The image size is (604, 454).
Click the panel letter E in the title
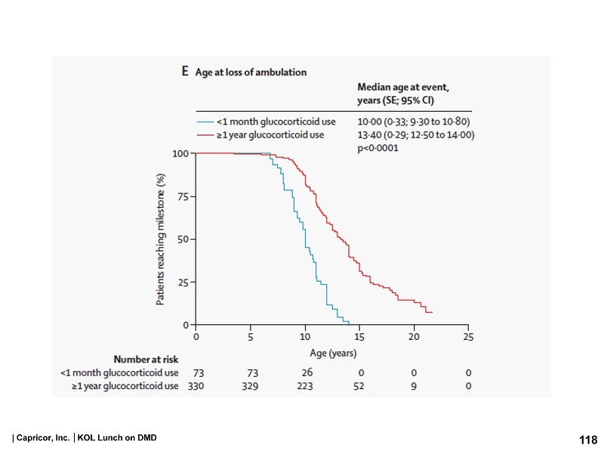pos(185,73)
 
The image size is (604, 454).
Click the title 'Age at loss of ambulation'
pos(251,73)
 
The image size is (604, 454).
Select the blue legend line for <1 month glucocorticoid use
pos(205,122)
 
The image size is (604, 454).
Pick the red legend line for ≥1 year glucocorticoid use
pos(205,135)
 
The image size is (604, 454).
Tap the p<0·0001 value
pos(378,149)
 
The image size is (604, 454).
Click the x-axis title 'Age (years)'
pos(333,353)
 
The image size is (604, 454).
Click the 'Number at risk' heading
pos(146,359)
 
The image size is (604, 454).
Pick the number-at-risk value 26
pos(307,372)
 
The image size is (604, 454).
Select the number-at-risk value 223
pos(307,387)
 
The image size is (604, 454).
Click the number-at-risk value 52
pos(360,387)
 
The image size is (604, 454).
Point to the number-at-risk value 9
pos(414,387)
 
